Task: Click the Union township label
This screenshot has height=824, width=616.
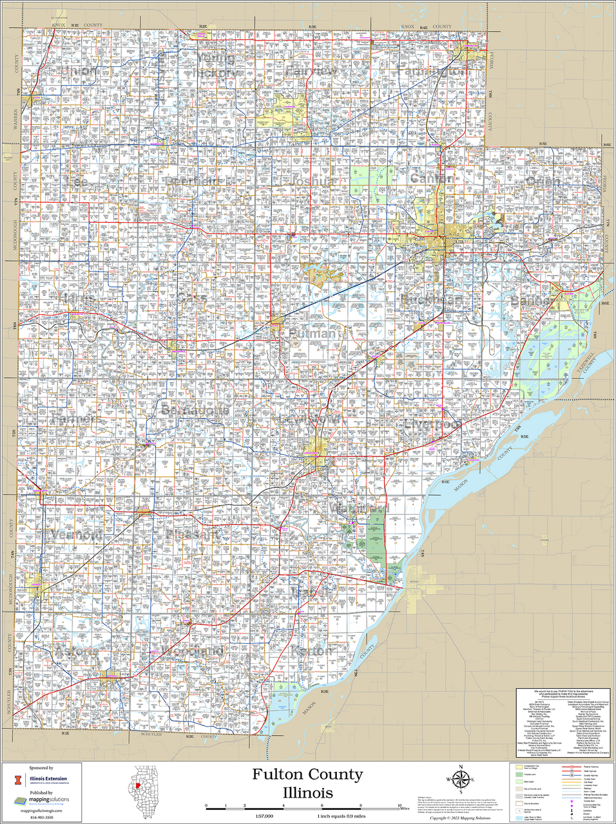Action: point(78,71)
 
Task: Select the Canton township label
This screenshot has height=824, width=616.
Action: point(431,178)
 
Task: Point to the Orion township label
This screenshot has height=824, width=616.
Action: point(543,181)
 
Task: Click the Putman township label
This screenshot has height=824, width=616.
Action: point(313,333)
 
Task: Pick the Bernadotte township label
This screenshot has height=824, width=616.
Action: point(195,410)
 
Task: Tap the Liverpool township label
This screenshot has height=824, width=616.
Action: point(432,425)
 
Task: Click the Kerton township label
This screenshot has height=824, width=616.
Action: point(312,651)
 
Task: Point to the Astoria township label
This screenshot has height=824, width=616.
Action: point(77,651)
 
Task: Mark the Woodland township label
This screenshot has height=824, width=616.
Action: point(193,651)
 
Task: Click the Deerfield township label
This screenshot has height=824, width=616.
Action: point(191,182)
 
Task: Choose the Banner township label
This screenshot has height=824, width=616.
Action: point(530,300)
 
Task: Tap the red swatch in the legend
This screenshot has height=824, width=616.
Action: point(571,768)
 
